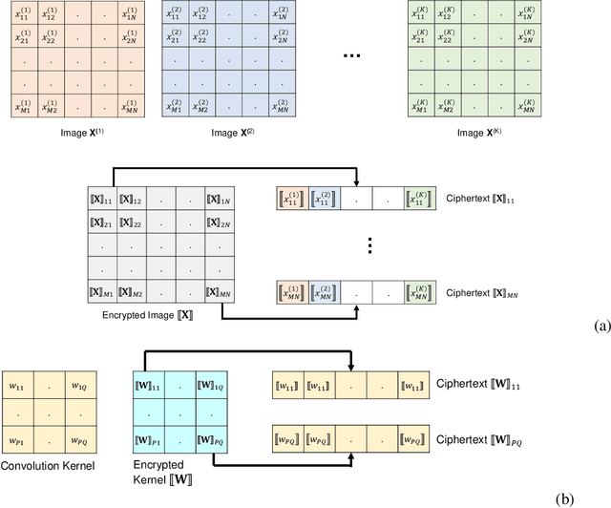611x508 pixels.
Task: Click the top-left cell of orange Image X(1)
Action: tap(27, 15)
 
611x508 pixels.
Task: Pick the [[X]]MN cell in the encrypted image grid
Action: tap(218, 291)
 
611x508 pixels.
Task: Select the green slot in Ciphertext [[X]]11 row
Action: tap(416, 200)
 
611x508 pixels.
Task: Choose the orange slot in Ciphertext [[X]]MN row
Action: tap(292, 291)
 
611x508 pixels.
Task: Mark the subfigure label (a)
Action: tap(600, 326)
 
